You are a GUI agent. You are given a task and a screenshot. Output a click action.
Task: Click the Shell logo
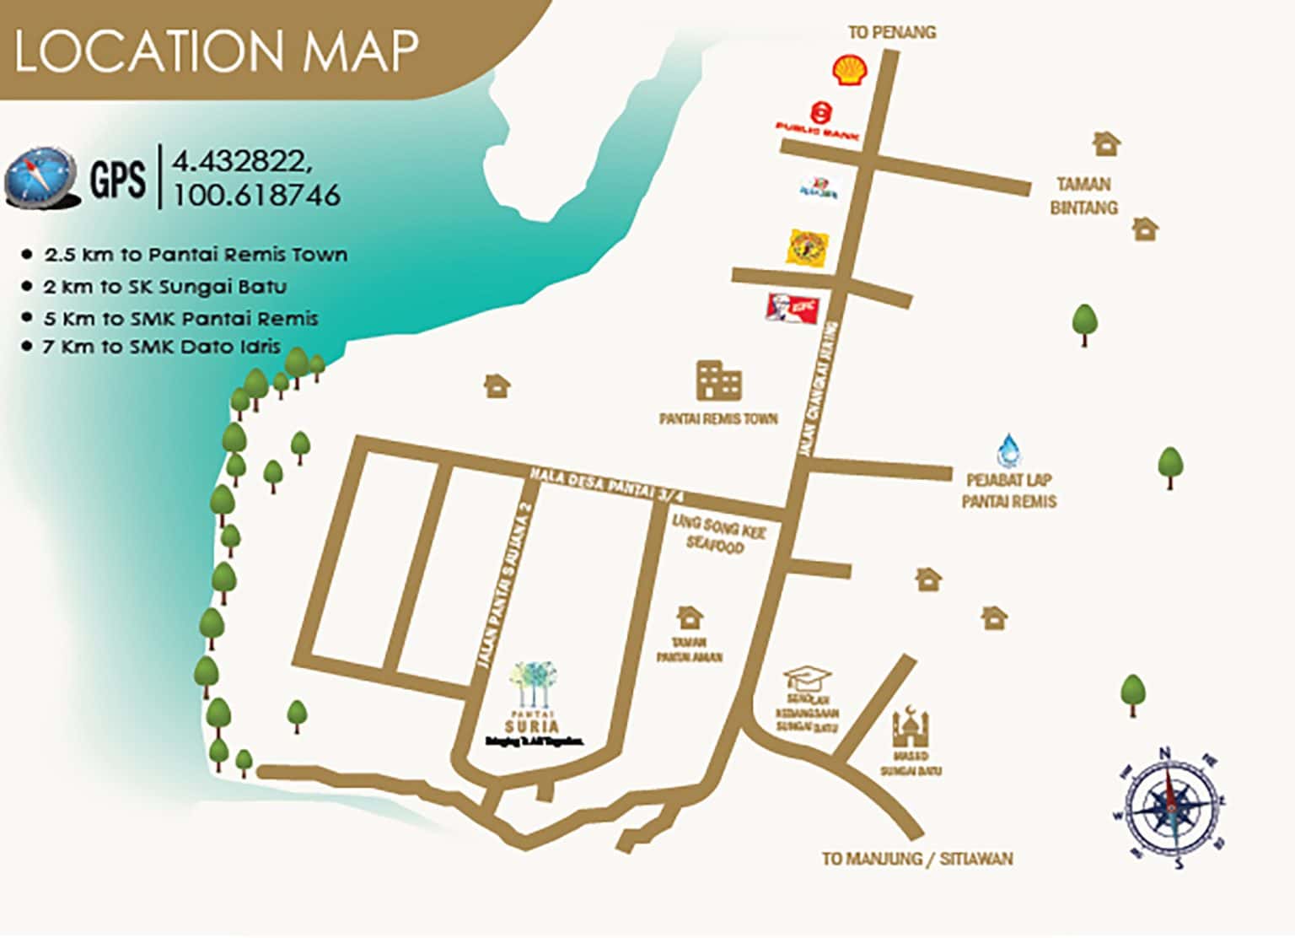[850, 70]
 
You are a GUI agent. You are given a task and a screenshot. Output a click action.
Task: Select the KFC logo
[792, 308]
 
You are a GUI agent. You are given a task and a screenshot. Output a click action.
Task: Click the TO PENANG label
[891, 32]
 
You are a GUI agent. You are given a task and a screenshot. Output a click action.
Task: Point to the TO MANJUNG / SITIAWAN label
[917, 859]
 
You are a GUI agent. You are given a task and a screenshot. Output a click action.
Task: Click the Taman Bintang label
[1083, 196]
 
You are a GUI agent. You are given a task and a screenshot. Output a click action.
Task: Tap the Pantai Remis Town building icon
[718, 380]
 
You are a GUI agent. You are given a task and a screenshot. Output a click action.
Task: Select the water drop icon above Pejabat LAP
[1008, 450]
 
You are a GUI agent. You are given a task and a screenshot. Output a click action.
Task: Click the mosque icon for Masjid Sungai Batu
[911, 725]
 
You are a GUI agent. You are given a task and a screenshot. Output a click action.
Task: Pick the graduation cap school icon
[807, 677]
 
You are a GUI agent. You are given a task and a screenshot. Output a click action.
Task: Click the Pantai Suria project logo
[533, 704]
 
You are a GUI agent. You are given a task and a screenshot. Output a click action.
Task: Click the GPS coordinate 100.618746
[257, 195]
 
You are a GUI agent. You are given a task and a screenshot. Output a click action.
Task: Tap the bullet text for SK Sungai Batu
[164, 287]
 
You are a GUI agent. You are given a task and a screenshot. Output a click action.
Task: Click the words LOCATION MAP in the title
[216, 51]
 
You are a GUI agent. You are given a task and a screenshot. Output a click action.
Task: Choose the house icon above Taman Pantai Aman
[690, 617]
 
